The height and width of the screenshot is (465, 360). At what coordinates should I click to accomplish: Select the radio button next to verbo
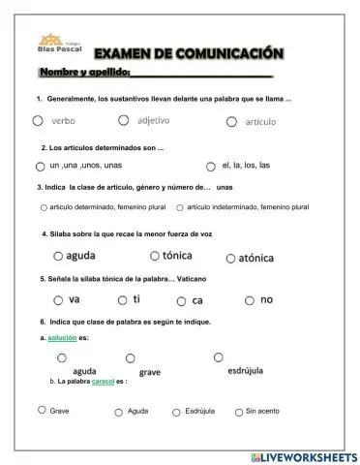[x=37, y=121]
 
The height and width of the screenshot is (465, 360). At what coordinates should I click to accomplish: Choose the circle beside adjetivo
[x=123, y=120]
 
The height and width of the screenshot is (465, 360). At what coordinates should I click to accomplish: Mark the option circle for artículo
[x=231, y=121]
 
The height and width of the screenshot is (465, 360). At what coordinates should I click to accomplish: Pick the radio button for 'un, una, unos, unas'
[x=42, y=166]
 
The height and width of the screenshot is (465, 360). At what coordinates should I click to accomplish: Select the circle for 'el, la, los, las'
[x=210, y=166]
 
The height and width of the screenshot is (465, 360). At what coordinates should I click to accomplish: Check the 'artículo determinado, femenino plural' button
[x=44, y=207]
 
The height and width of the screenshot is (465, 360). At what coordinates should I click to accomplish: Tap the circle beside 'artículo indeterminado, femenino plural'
[x=180, y=207]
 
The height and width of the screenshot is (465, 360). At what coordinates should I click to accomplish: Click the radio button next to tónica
[x=154, y=256]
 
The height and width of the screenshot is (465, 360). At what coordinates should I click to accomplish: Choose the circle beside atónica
[x=230, y=258]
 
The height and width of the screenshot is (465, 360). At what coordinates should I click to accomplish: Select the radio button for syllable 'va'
[x=58, y=300]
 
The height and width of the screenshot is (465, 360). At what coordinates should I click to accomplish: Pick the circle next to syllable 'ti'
[x=122, y=300]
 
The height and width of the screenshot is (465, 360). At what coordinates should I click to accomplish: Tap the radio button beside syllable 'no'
[x=249, y=300]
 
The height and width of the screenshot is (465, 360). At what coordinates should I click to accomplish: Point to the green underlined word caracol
[x=103, y=382]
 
